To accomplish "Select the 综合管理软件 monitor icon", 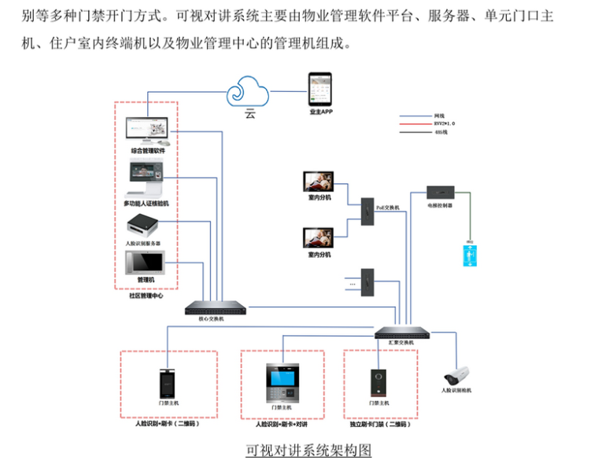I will [x=148, y=131].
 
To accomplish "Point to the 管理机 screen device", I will [x=146, y=262].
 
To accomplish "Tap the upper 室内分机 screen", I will [x=319, y=182].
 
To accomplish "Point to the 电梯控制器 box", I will [x=440, y=192].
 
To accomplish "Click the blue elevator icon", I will [x=471, y=256].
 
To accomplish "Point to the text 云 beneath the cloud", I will [x=250, y=115].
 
